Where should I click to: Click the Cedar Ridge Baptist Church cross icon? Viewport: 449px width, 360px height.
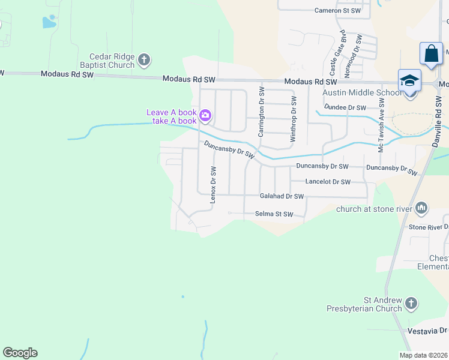coord(143,59)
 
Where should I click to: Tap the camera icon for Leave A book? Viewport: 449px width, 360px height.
coord(205,115)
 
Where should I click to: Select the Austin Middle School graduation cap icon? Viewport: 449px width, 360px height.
coord(409,80)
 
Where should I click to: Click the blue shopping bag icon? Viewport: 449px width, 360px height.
coord(431,53)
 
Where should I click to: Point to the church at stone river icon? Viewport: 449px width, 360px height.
coord(421,208)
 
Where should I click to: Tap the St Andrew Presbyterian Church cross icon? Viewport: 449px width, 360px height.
coord(411,303)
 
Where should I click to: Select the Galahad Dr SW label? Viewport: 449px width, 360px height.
coord(282,196)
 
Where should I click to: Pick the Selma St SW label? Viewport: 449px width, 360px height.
coord(274,214)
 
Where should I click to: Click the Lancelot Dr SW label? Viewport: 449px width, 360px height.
coord(327,181)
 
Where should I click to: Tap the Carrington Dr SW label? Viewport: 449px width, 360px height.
coord(261,112)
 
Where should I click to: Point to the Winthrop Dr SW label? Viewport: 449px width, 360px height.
coord(294,119)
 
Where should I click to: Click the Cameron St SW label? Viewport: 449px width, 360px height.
coord(337,10)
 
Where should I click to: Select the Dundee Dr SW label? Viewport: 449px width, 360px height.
coord(345,107)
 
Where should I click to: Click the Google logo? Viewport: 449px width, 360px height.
coord(20,353)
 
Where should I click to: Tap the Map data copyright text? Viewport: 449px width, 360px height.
coord(423,355)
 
